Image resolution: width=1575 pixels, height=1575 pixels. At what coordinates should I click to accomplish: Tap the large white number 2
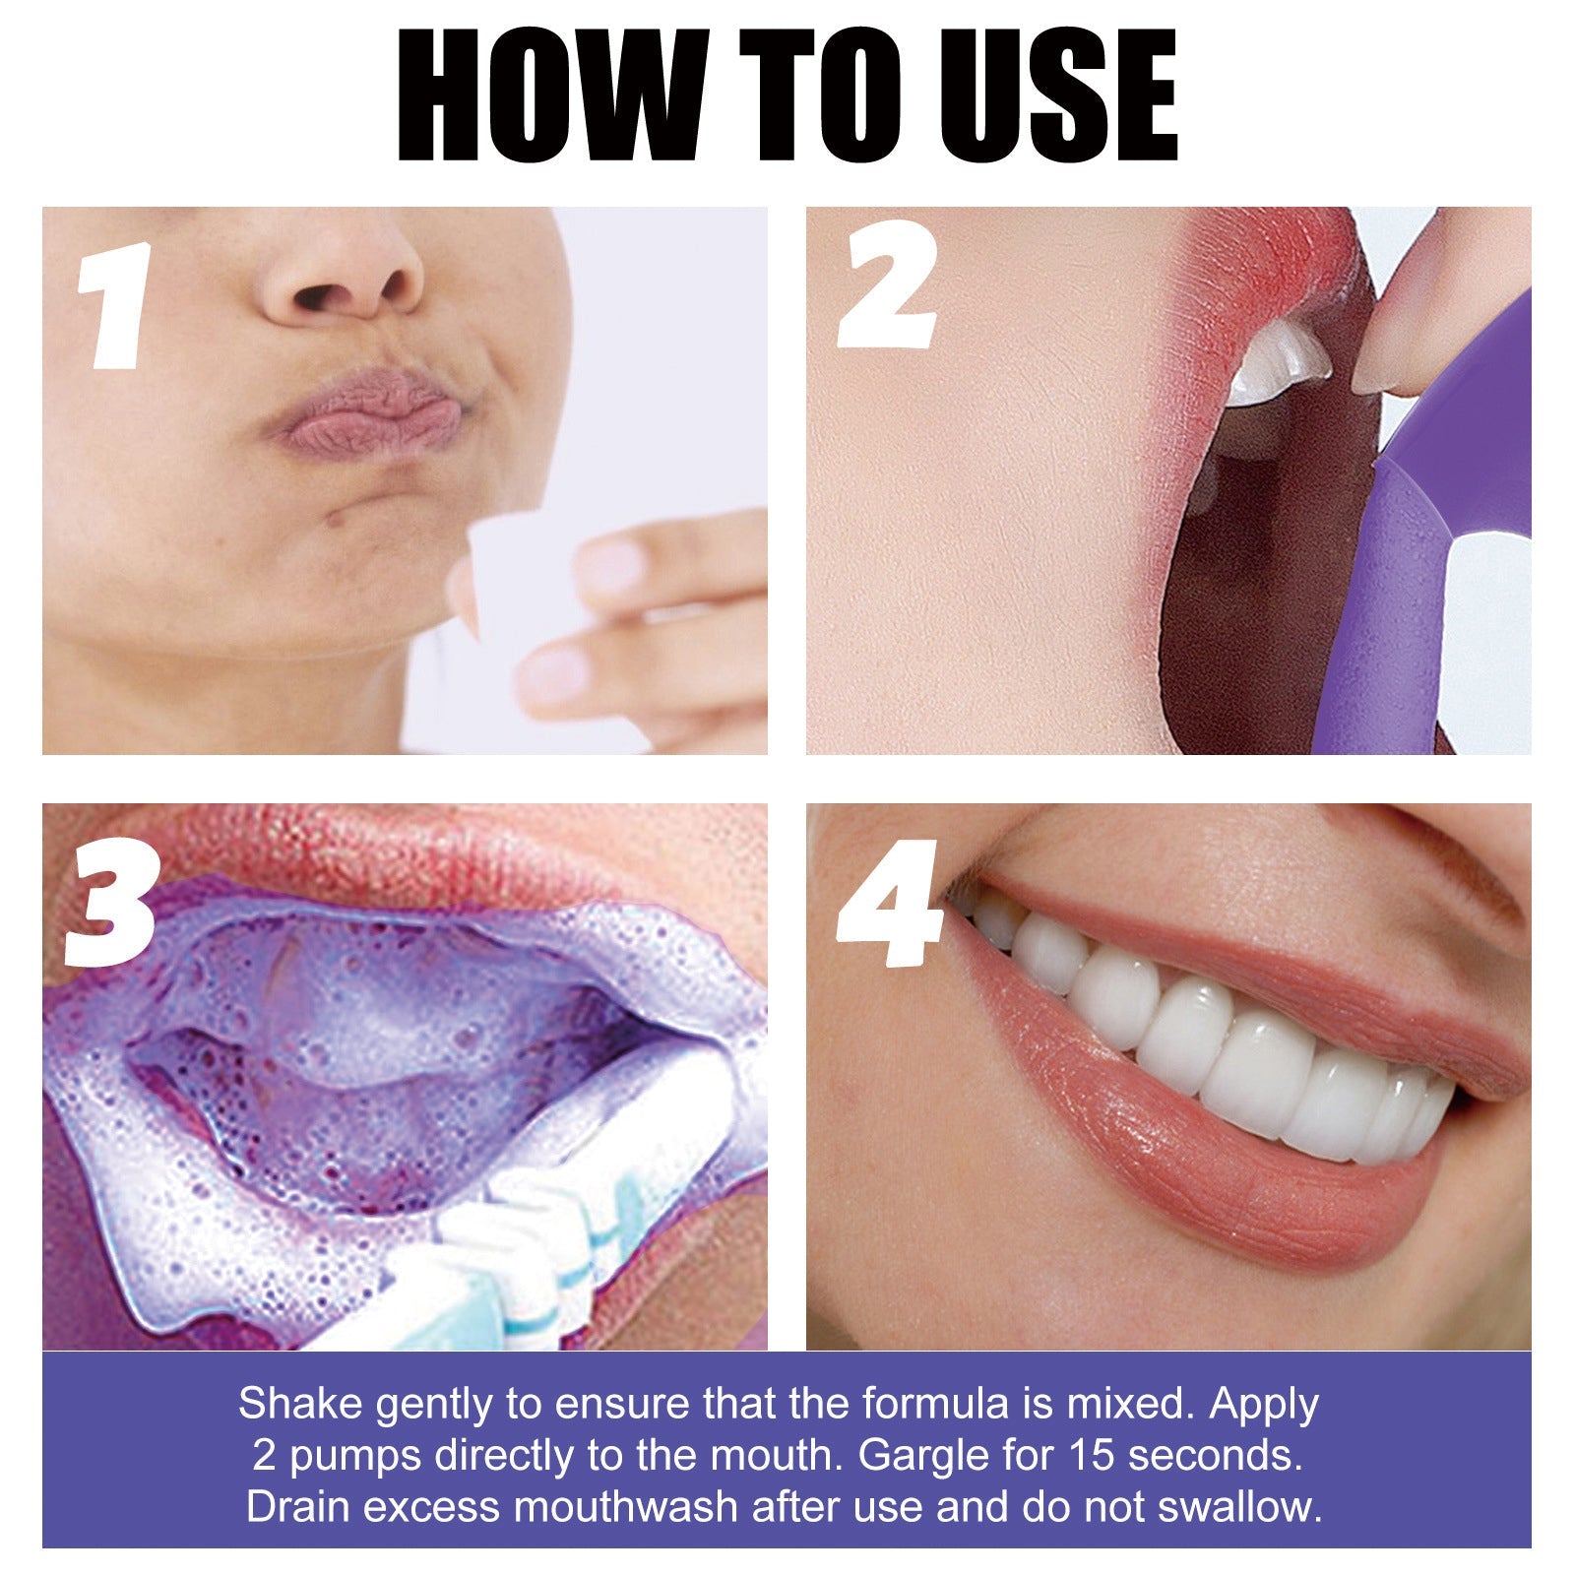(886, 285)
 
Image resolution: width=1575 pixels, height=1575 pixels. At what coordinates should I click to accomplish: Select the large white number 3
(110, 906)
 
